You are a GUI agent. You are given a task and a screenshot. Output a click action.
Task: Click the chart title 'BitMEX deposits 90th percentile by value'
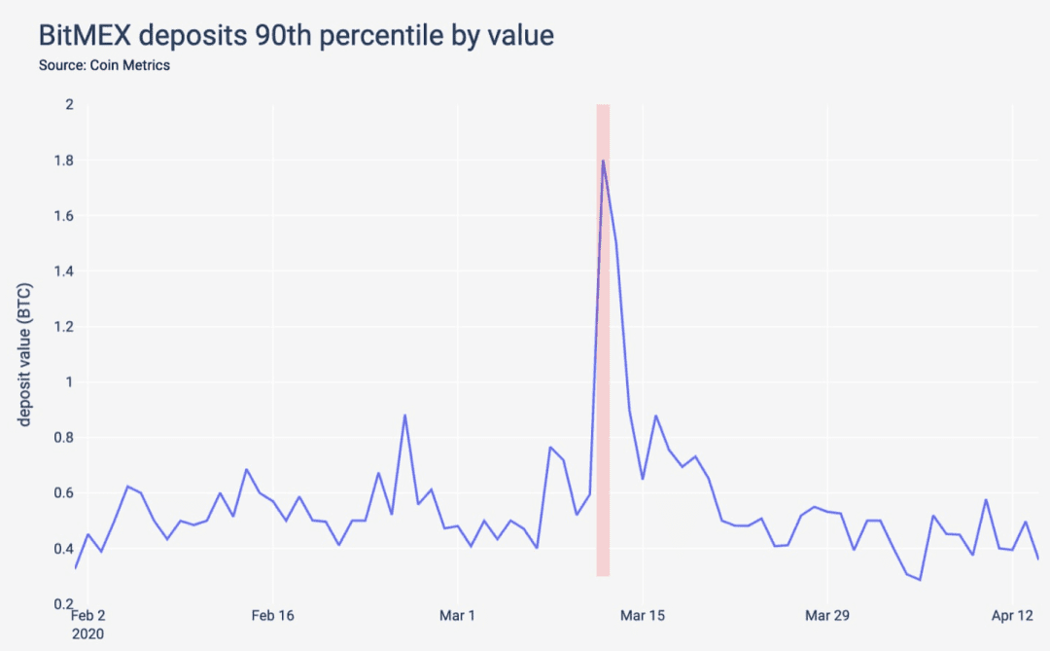point(296,36)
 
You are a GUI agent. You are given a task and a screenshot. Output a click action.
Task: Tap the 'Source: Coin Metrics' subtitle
point(104,66)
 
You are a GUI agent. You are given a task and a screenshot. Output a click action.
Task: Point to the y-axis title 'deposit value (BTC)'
point(24,354)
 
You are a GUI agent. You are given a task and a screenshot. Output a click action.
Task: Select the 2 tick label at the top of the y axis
point(70,104)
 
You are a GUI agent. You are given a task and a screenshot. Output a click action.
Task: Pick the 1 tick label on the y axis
point(70,382)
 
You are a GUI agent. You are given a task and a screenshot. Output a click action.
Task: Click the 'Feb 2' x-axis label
point(87,615)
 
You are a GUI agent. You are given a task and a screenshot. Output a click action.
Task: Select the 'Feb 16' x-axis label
point(272,615)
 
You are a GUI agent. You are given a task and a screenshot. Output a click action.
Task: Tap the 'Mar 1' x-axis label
point(457,615)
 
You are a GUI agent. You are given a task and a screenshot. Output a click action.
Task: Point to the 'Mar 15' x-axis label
point(643,615)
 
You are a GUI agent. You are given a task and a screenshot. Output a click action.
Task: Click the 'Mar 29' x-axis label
point(827,615)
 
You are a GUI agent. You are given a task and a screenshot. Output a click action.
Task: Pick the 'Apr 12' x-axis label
point(1012,615)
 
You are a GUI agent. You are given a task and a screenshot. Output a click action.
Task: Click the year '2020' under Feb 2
point(87,634)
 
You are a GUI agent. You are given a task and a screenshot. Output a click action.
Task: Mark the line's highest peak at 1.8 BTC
point(604,161)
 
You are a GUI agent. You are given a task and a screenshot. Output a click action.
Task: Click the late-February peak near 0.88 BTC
point(404,415)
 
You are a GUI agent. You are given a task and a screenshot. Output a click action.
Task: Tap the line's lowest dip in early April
point(920,580)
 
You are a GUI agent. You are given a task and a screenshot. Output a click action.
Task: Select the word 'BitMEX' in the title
point(85,36)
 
